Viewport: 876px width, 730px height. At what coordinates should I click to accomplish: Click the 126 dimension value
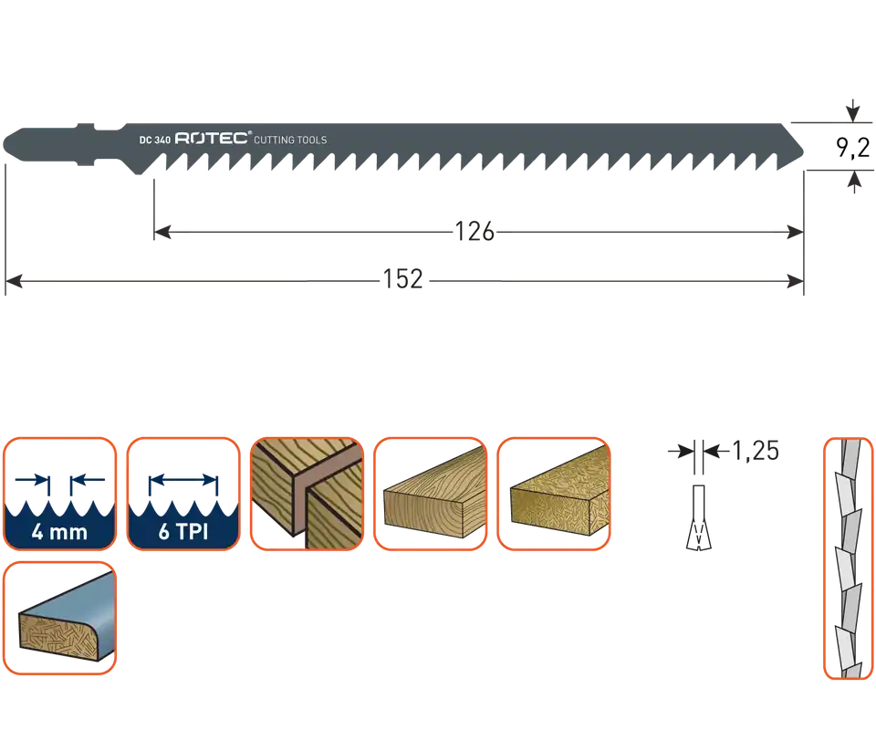tap(474, 231)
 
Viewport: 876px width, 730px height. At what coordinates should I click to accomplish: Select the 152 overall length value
tap(402, 278)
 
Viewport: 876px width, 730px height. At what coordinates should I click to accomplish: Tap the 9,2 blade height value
tap(852, 148)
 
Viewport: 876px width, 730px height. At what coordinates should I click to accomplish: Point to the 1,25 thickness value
tap(755, 451)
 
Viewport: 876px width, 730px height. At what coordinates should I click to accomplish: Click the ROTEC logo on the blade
tap(213, 139)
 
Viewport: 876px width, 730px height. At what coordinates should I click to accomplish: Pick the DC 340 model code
tap(155, 140)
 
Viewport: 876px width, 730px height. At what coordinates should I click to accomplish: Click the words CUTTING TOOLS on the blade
tap(290, 140)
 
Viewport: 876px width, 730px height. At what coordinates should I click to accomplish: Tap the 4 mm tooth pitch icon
tap(60, 494)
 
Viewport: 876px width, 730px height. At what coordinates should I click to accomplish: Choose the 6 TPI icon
tap(183, 494)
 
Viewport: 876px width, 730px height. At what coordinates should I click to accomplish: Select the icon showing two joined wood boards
tap(307, 494)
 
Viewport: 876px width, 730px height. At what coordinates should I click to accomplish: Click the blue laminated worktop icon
tap(60, 618)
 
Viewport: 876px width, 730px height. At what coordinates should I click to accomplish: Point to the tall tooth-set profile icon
tap(848, 558)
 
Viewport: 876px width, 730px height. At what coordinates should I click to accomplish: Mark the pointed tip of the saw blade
tap(803, 151)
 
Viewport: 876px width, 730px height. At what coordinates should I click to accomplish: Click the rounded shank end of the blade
tap(5, 144)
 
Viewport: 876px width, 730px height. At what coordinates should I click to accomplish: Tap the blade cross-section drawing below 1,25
tap(698, 517)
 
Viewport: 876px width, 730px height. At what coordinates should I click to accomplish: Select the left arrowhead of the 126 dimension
tap(162, 232)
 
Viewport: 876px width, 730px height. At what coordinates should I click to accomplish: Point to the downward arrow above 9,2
tap(852, 110)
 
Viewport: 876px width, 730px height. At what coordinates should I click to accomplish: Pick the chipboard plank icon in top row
tap(554, 494)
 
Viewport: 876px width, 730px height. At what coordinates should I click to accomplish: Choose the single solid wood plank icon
tap(430, 494)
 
